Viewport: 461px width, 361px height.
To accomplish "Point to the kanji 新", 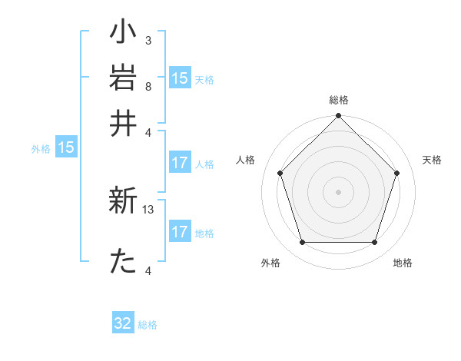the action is [x=124, y=202].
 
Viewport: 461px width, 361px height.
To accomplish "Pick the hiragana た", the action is [x=124, y=262].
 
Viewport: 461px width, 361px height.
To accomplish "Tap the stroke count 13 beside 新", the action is [x=149, y=209].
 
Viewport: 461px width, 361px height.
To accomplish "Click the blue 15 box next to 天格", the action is [x=180, y=78].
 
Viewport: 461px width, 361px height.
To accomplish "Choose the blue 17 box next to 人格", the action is [x=180, y=163].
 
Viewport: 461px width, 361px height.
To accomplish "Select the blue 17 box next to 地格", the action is [x=180, y=232].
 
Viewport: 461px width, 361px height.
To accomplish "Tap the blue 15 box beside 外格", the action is [x=66, y=148].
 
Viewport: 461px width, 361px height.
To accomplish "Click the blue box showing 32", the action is [x=123, y=323].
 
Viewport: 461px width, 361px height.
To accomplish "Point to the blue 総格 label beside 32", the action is [x=148, y=325].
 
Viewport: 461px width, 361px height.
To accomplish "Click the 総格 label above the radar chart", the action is [x=338, y=100].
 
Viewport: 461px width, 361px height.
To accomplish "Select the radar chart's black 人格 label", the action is [x=246, y=160].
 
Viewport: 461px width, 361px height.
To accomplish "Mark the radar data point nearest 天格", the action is [x=397, y=173].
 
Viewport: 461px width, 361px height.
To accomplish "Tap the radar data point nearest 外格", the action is [x=302, y=243].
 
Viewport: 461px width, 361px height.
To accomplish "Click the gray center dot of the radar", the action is [x=338, y=191].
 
